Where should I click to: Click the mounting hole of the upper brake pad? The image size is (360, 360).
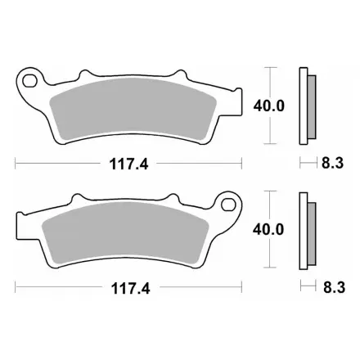pos(29,80)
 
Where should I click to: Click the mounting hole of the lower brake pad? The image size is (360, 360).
pos(228,205)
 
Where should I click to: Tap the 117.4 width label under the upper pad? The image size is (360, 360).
pos(128,164)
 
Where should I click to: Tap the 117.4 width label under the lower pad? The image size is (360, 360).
pos(131,288)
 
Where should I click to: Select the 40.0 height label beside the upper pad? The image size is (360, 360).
pos(268,106)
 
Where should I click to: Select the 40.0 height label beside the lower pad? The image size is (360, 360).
pos(268,229)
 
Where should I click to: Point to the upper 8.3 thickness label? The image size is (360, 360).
pos(332,163)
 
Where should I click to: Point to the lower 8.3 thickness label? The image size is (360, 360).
pos(335,287)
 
